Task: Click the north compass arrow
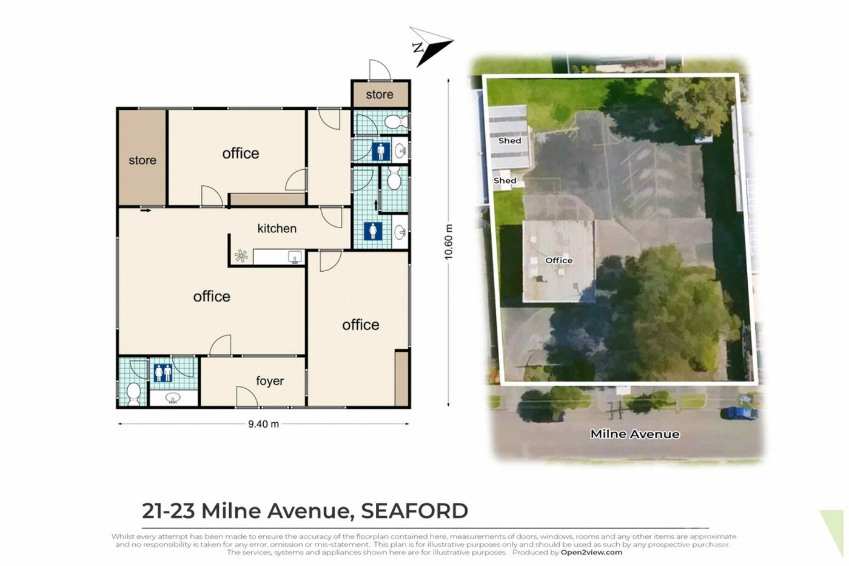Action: [431, 47]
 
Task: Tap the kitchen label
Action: [277, 229]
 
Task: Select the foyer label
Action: [270, 381]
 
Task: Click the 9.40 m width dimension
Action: [263, 424]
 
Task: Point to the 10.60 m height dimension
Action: [448, 242]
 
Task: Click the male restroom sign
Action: [381, 151]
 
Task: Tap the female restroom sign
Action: [373, 231]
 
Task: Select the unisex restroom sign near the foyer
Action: [163, 373]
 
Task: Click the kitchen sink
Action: [295, 257]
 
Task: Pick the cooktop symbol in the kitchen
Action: [241, 256]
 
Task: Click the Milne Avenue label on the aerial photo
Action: [635, 434]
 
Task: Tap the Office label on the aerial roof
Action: [559, 260]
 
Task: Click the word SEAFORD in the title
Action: [414, 511]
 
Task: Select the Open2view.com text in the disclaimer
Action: [591, 553]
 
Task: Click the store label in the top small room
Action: [380, 95]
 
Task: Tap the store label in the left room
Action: [142, 160]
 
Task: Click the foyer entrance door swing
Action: [247, 396]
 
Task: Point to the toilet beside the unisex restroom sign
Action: [133, 394]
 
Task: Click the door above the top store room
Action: [380, 70]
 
